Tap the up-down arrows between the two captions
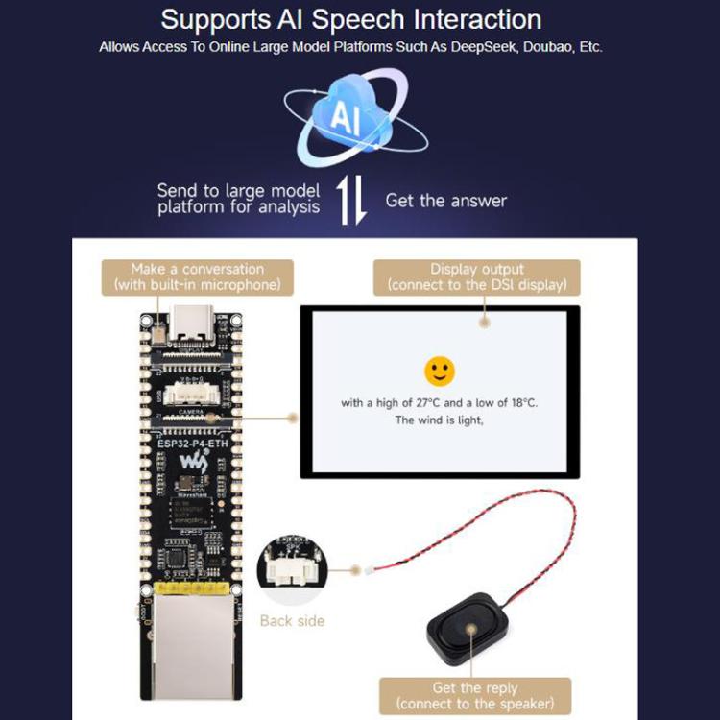pyautogui.click(x=352, y=201)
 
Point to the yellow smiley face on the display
pyautogui.click(x=439, y=371)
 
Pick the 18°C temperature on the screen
pyautogui.click(x=522, y=402)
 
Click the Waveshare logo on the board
pyautogui.click(x=195, y=463)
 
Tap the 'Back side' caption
pyautogui.click(x=292, y=621)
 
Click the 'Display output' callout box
pyautogui.click(x=477, y=276)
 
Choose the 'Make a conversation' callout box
pyautogui.click(x=197, y=276)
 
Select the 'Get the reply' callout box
pyautogui.click(x=474, y=696)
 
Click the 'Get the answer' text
pyautogui.click(x=445, y=201)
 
